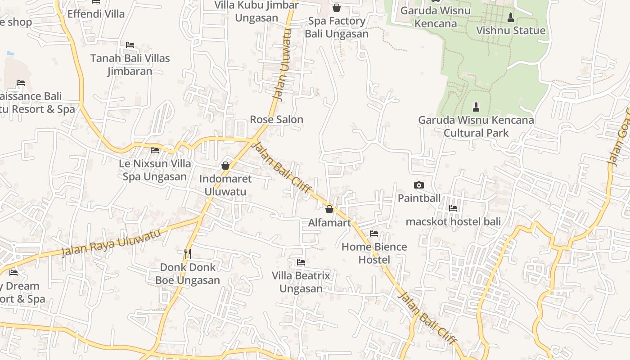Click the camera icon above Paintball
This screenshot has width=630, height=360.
point(418,185)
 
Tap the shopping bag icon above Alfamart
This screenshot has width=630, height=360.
point(329,209)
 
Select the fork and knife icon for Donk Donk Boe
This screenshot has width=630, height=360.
point(188,254)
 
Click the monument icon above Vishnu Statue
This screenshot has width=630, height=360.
point(510,18)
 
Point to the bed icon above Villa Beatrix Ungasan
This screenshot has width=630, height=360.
point(301,262)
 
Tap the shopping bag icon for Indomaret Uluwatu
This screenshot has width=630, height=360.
point(225,166)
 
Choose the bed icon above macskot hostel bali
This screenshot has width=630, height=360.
point(453,208)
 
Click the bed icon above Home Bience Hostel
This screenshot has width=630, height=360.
point(374,234)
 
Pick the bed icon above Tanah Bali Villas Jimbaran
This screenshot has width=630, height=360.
point(130,45)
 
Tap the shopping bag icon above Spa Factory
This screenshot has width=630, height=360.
point(336,8)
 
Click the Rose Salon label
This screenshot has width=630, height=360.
point(277,120)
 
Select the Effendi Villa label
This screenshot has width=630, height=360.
point(96,14)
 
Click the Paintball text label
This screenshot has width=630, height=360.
point(419,198)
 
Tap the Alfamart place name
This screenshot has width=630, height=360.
point(329,222)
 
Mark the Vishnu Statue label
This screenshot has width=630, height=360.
point(511,31)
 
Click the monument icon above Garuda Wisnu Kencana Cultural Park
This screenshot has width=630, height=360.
point(476,107)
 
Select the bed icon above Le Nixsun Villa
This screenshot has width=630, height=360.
point(155,150)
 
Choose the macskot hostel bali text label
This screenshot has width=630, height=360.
point(453,221)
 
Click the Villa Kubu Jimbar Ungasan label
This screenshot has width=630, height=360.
point(256,11)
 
